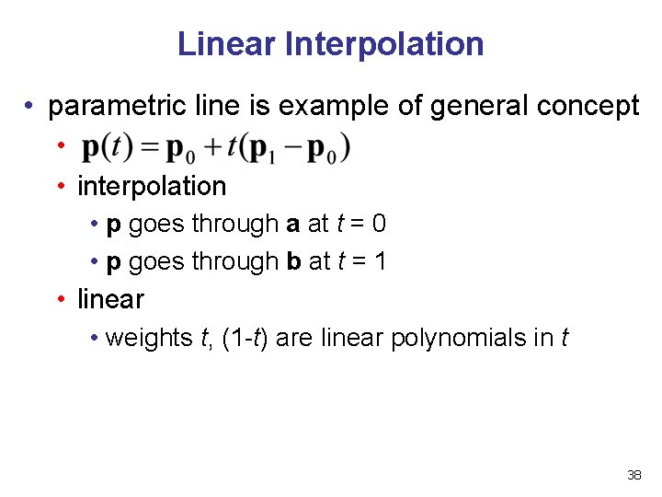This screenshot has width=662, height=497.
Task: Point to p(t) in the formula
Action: pyautogui.click(x=108, y=147)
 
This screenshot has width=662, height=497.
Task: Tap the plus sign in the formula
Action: pyautogui.click(x=212, y=148)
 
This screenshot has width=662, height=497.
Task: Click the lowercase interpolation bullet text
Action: pyautogui.click(x=152, y=186)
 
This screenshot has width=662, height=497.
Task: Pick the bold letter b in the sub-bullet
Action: pyautogui.click(x=294, y=261)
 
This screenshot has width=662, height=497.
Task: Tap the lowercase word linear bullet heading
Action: pyautogui.click(x=110, y=299)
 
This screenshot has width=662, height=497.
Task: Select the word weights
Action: pyautogui.click(x=148, y=338)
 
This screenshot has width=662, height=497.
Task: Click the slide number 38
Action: pyautogui.click(x=633, y=476)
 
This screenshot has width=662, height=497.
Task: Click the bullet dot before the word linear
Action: pyautogui.click(x=60, y=300)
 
